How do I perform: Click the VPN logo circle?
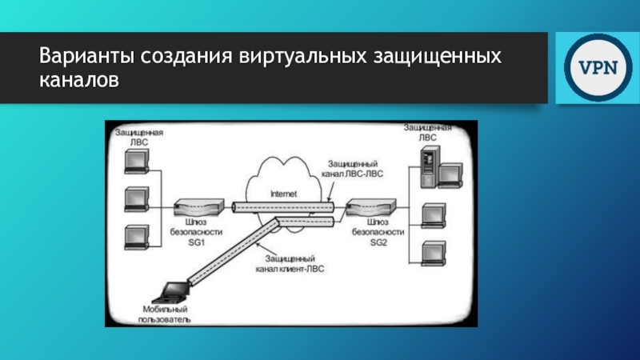pos(593,67)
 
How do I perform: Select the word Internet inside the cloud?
pos(283,193)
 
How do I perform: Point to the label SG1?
pos(198,243)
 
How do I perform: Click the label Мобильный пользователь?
pos(166,314)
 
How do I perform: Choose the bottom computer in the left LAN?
pos(137,237)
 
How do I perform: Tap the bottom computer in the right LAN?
pos(434,253)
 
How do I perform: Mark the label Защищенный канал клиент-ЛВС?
pos(293,266)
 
